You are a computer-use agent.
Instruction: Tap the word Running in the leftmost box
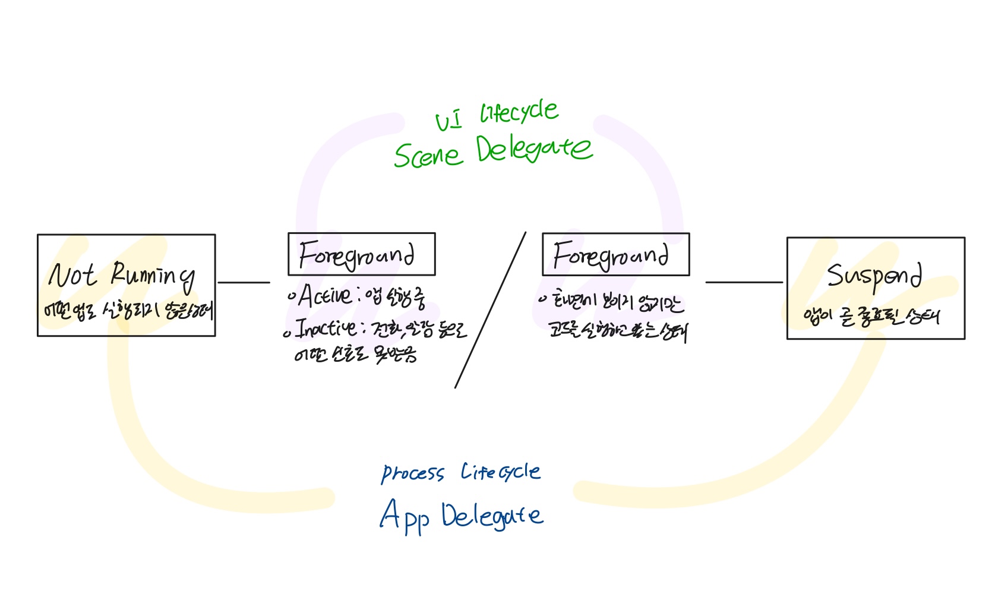[x=153, y=276]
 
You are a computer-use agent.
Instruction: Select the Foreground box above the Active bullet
[x=361, y=254]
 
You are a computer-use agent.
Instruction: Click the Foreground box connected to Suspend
[x=615, y=255]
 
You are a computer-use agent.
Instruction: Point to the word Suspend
[x=874, y=276]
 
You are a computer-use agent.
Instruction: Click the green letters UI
[x=448, y=121]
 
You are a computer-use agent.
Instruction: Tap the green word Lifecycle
[x=519, y=112]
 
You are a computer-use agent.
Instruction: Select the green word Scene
[x=428, y=155]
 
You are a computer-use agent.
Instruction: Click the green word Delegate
[x=533, y=150]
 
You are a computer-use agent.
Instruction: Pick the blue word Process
[x=412, y=473]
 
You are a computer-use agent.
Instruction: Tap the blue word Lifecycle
[x=500, y=472]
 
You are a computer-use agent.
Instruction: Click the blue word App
[x=404, y=517]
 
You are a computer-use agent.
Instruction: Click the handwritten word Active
[x=325, y=295]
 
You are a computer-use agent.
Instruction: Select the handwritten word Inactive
[x=326, y=328]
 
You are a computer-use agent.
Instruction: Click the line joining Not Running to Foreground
[x=244, y=283]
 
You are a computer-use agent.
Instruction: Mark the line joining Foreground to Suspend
[x=744, y=283]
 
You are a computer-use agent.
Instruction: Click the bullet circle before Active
[x=291, y=295]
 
